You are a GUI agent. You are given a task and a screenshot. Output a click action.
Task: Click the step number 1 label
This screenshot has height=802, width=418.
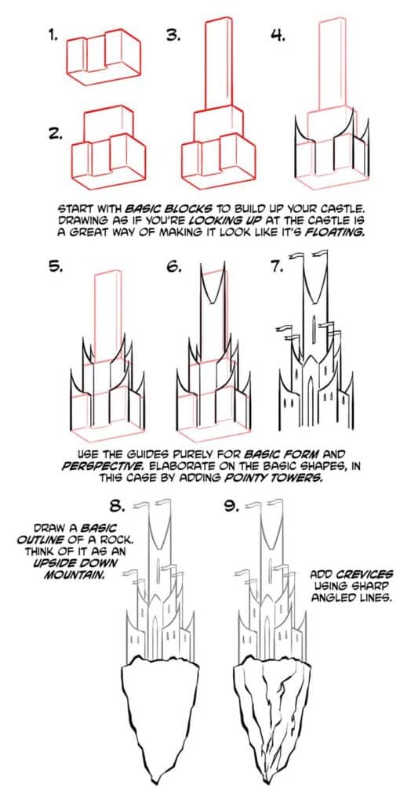[53, 35]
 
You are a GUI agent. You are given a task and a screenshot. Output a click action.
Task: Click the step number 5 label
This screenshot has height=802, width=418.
[54, 266]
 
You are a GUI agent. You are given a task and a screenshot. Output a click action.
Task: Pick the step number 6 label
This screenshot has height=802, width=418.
[174, 266]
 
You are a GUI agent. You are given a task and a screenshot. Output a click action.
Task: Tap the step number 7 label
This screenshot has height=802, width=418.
[276, 266]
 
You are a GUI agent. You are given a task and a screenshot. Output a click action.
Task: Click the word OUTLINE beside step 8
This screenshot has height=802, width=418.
[41, 540]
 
